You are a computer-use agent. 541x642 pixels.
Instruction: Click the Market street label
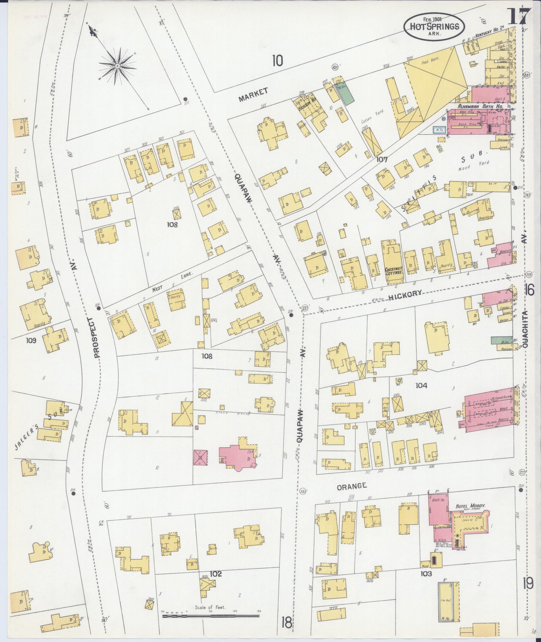(x=253, y=95)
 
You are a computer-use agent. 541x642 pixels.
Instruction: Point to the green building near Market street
(x=346, y=93)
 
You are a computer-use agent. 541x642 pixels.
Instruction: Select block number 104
(x=421, y=386)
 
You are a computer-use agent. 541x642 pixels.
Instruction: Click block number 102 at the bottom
(x=216, y=574)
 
